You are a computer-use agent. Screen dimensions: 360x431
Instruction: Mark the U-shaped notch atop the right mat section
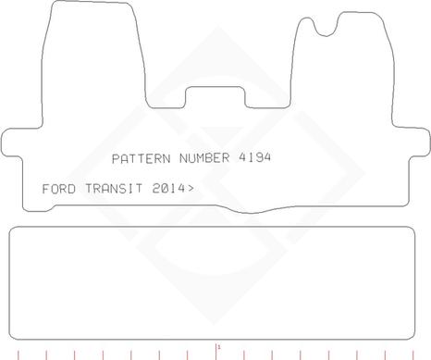325,29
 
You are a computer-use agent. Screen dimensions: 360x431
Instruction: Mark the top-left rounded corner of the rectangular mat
13,230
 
